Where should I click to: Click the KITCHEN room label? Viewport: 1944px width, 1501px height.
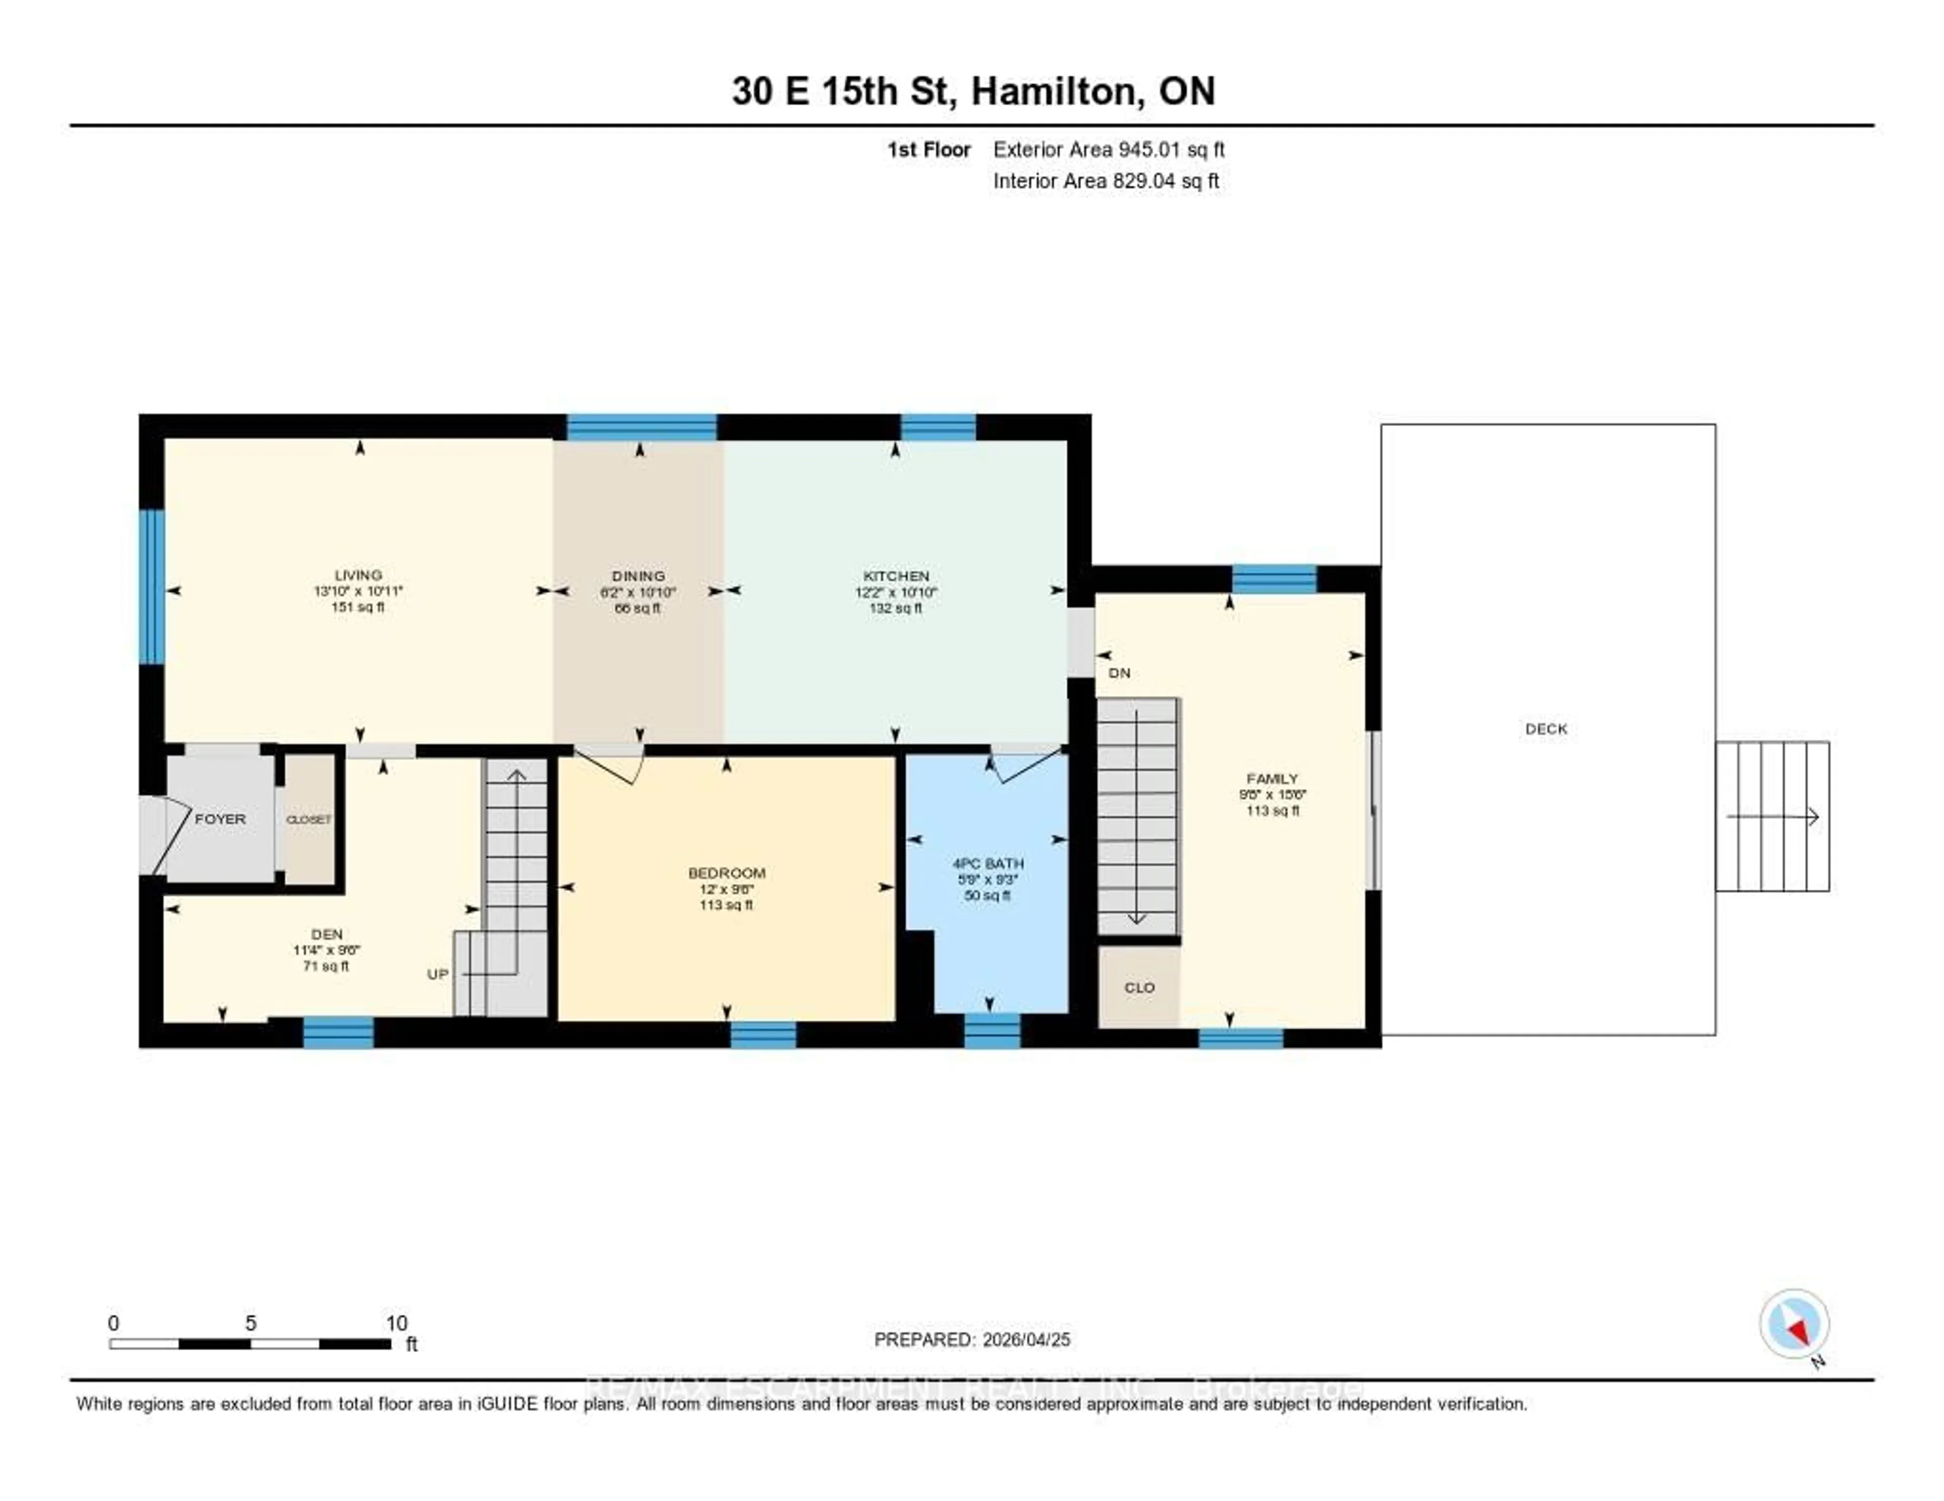point(896,576)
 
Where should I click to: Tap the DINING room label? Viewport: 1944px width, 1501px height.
point(638,576)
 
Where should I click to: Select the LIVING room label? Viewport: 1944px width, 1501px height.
point(358,575)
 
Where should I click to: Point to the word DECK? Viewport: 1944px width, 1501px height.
point(1546,729)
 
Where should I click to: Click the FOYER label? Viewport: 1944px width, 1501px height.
point(220,818)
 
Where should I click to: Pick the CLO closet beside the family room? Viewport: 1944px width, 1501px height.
point(1140,988)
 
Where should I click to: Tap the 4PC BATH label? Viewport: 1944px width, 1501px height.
point(988,863)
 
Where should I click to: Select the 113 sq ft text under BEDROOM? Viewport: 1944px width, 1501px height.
point(726,905)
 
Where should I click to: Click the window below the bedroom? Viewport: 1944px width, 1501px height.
point(763,1035)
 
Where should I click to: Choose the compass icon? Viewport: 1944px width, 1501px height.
point(1795,1323)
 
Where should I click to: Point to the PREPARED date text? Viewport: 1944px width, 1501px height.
point(972,1339)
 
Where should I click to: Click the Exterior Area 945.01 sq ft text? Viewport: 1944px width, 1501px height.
point(1109,149)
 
